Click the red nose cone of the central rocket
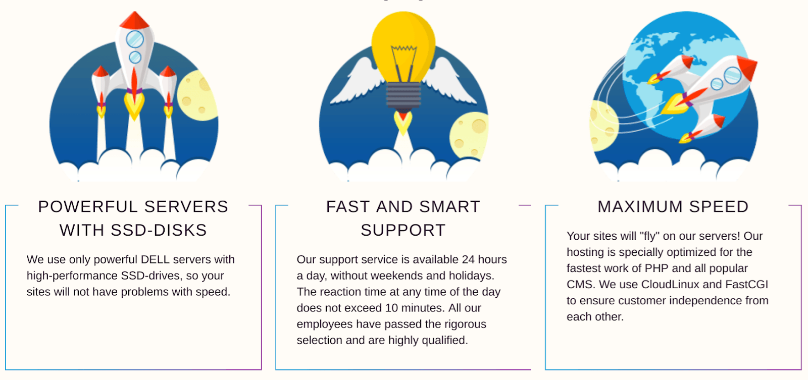tap(134, 21)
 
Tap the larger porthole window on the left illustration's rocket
tap(135, 39)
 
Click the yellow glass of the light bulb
tap(403, 47)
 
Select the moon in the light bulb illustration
tap(469, 135)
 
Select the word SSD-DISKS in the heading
tap(159, 230)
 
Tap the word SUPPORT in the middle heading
tap(403, 230)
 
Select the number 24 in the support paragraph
tap(468, 259)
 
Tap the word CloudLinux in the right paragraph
tap(670, 285)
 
